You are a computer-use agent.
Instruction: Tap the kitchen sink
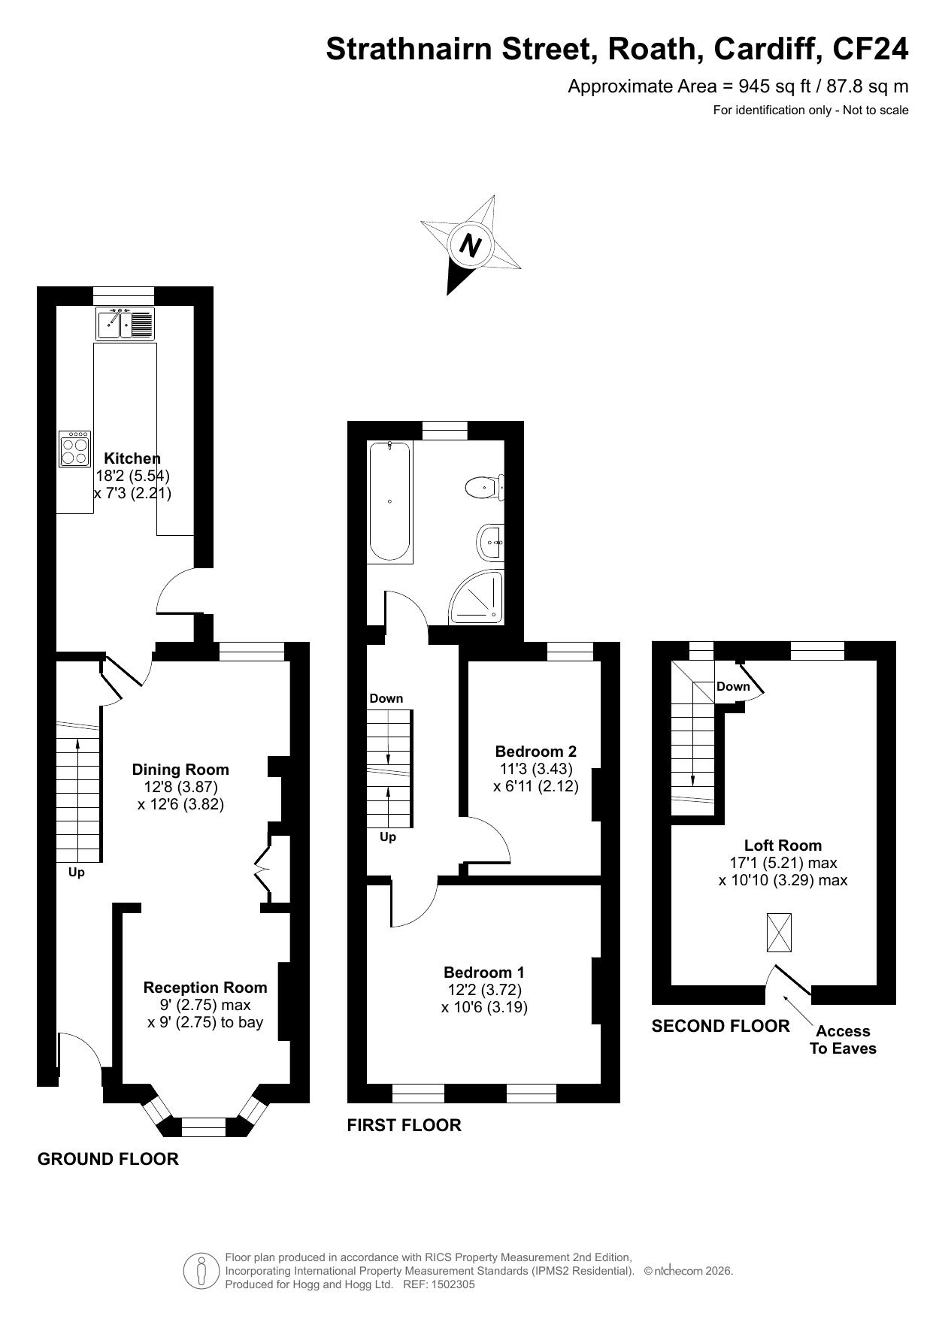pos(125,323)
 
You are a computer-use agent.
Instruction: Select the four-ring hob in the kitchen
pos(75,449)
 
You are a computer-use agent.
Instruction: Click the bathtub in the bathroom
pos(390,501)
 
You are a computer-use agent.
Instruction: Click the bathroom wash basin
pos(489,542)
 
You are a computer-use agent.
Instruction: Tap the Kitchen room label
pos(132,458)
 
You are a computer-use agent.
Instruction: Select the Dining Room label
pos(180,770)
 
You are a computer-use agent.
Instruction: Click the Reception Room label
pos(205,988)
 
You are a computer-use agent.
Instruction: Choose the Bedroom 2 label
pos(536,751)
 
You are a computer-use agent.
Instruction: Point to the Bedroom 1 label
pos(484,972)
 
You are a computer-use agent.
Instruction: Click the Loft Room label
pos(783,845)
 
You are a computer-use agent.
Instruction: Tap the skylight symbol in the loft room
pos(779,932)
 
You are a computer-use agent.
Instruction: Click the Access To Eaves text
pos(843,1039)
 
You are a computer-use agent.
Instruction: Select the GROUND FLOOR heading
pos(108,1159)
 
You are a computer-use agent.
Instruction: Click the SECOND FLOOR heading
pos(721,1026)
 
